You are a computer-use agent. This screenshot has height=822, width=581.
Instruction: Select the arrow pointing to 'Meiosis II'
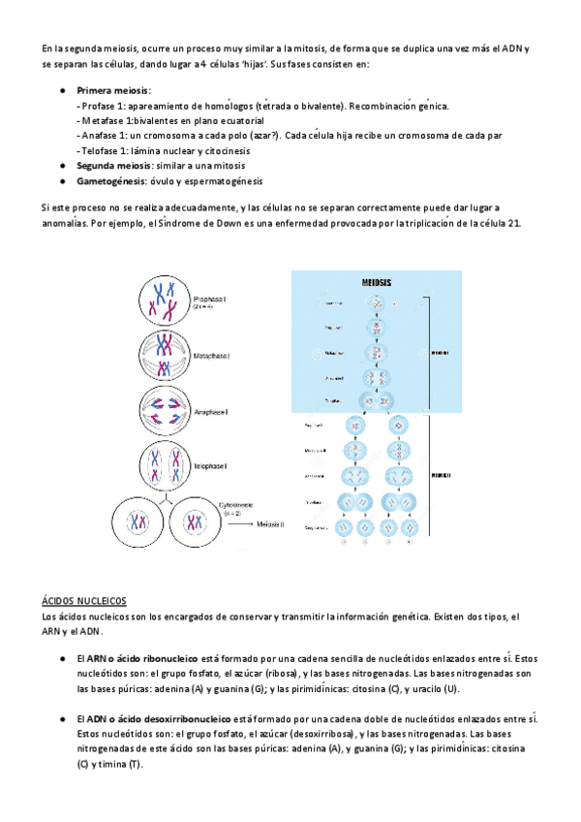[236, 524]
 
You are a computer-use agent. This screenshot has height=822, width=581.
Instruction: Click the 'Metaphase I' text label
[213, 356]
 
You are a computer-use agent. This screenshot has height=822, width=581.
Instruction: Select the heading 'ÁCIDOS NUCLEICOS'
[84, 601]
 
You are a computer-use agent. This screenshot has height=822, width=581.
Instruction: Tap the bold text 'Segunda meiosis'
[115, 166]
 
